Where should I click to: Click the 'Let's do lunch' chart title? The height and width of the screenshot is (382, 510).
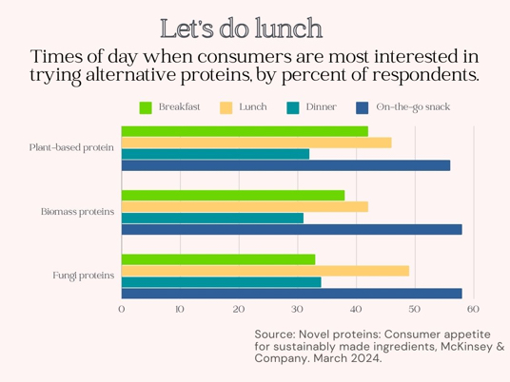coord(242,29)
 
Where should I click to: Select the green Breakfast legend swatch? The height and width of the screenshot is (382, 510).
coord(146,107)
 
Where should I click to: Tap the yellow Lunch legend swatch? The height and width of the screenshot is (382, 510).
coord(226,107)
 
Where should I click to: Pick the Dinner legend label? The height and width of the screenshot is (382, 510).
coord(321,106)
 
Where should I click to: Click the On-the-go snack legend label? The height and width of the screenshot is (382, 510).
coord(413,107)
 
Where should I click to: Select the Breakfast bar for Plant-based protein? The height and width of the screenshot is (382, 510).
coord(245,131)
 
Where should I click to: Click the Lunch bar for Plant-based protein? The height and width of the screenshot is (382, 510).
coord(257,143)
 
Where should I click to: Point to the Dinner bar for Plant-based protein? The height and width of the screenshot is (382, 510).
coord(216,154)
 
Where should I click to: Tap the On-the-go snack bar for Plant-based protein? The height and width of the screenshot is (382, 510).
coord(285,165)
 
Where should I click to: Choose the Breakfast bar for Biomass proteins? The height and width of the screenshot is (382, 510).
coord(233,196)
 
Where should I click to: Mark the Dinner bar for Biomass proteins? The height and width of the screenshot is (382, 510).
coord(213,219)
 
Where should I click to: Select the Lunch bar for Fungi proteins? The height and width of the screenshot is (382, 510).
coord(265,271)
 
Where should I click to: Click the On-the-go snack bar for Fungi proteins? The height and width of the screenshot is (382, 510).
coord(292,294)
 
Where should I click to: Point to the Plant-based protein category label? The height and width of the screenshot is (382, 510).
coord(71,148)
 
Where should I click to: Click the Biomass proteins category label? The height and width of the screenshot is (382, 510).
coord(77,212)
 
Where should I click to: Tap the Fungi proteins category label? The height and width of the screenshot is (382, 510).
coord(84,276)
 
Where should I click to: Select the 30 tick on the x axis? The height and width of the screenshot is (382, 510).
coord(297,309)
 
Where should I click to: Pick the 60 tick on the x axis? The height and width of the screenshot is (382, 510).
coord(473,309)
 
